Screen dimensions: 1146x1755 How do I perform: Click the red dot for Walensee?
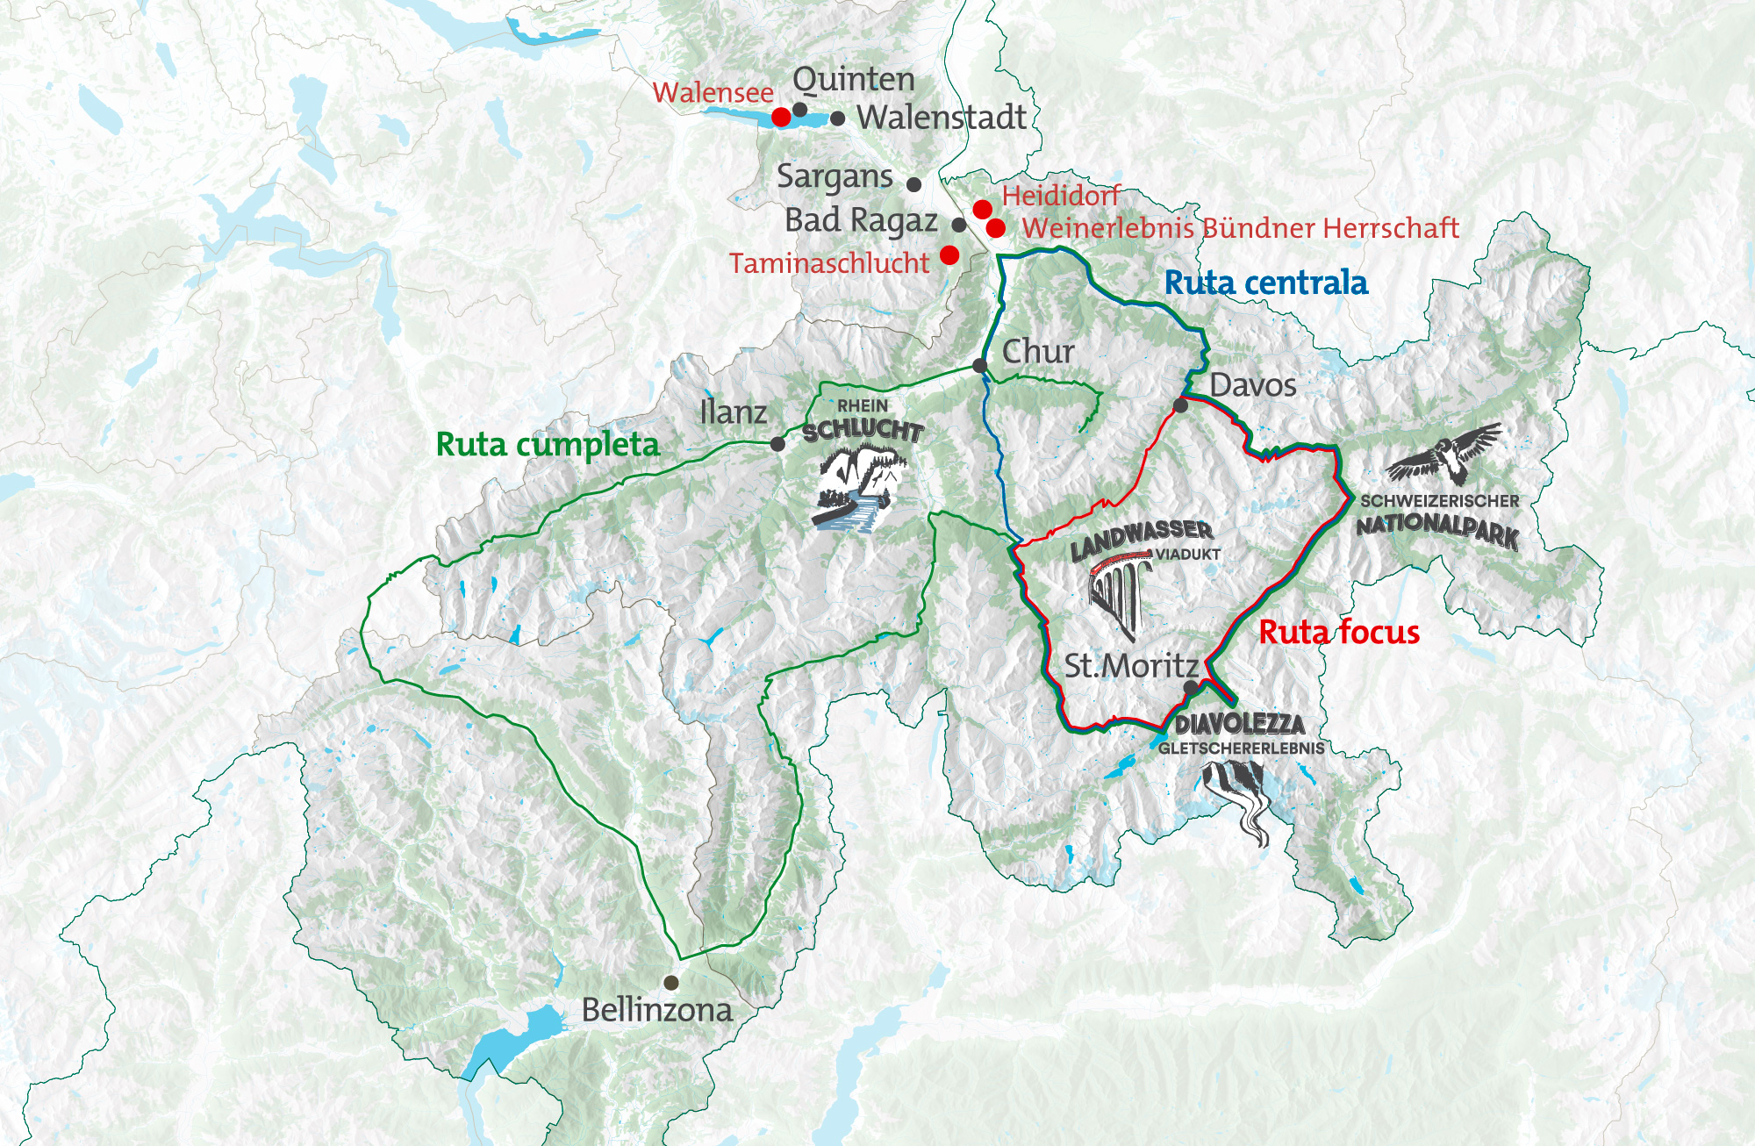coord(781,117)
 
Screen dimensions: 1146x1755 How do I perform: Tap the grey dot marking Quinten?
coord(800,110)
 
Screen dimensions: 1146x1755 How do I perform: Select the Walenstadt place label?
coord(941,117)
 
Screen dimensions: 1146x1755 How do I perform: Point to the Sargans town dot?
coord(913,184)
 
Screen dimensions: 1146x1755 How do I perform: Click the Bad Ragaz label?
coord(861,220)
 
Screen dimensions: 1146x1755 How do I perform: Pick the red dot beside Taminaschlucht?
coord(949,254)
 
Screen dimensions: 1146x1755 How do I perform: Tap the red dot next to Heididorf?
coord(982,209)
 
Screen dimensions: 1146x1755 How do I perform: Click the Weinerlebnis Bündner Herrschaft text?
coord(1240,228)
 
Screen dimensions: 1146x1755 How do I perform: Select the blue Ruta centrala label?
coord(1265,283)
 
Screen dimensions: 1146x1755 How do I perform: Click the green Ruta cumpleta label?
coord(548,445)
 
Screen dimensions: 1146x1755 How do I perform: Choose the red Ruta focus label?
coord(1338,632)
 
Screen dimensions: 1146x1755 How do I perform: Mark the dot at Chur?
coord(980,366)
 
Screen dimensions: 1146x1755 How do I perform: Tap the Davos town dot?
coord(1181,405)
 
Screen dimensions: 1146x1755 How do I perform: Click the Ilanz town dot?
coord(777,444)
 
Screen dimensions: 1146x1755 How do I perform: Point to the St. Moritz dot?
coord(1190,687)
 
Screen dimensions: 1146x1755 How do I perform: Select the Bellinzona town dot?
coord(671,982)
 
